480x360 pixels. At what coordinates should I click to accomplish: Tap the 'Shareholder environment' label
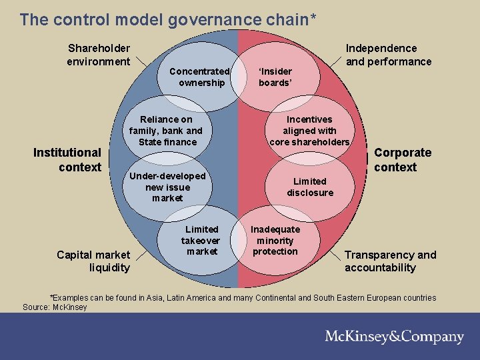pos(99,55)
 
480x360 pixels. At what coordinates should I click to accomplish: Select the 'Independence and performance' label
pos(388,55)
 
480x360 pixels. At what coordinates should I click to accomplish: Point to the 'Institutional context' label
pos(67,160)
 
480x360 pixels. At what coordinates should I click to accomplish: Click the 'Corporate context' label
pos(403,160)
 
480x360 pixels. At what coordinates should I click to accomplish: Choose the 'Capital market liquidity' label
pos(93,261)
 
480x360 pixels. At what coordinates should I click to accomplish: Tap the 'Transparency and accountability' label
pos(390,261)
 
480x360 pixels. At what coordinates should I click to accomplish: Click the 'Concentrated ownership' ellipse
pos(200,77)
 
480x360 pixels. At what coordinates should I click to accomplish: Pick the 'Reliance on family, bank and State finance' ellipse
pos(166,131)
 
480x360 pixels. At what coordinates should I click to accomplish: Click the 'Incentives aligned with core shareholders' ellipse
pos(309,131)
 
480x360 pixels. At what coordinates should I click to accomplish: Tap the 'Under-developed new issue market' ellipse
pos(167,187)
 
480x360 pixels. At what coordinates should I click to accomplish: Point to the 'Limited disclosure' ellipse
pos(310,187)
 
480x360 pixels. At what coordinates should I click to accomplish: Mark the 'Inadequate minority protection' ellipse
pos(275,240)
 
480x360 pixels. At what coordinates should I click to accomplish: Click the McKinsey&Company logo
pos(394,337)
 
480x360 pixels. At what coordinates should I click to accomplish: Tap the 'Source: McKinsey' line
pos(55,307)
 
